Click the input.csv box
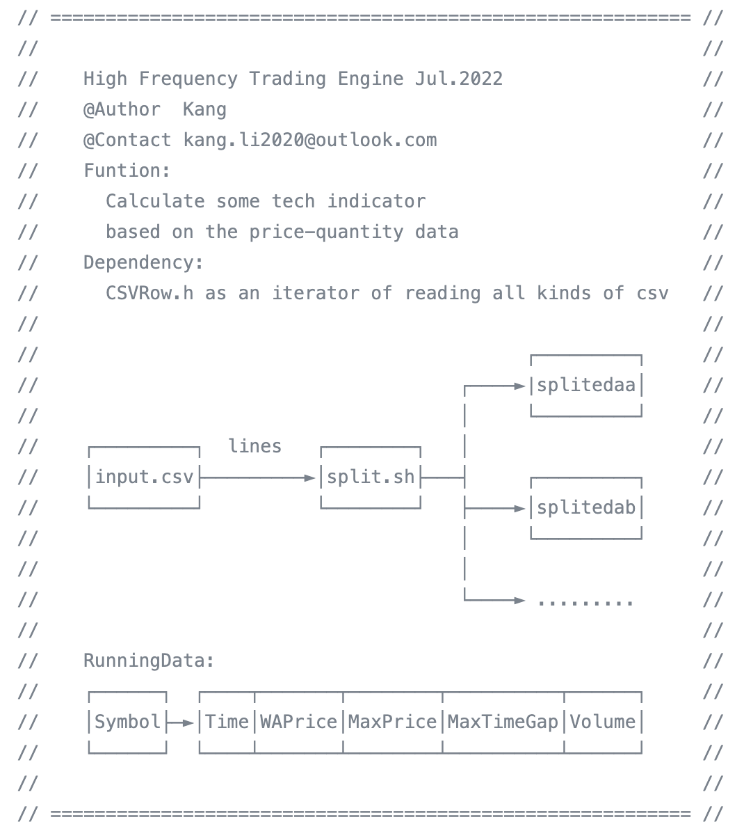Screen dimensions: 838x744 [144, 477]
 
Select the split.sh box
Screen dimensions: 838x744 [371, 477]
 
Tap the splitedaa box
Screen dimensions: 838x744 [586, 386]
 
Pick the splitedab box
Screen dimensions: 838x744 [586, 508]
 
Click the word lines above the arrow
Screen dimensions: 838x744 [255, 446]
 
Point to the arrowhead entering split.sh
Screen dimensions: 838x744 [310, 477]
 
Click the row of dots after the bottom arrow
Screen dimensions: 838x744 [585, 601]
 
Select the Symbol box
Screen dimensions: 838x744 [127, 722]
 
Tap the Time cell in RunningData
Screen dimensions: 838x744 [227, 722]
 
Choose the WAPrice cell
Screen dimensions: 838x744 [299, 722]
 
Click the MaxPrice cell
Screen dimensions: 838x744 [392, 722]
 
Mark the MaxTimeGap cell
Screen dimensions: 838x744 [503, 722]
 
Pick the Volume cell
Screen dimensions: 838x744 [603, 722]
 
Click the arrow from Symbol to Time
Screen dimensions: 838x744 [182, 722]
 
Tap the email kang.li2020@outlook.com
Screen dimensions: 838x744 [310, 140]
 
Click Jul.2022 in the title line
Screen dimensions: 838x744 [459, 79]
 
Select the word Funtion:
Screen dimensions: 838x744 [127, 171]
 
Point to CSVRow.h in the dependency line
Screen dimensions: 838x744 [149, 293]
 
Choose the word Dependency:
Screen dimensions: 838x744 [144, 262]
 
